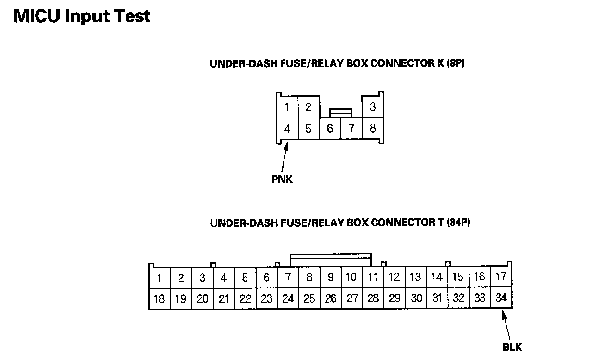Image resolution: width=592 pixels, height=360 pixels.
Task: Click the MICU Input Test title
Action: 82,16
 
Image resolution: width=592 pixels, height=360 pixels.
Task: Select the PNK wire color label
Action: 282,179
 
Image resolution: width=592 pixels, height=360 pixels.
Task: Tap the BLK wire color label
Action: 512,347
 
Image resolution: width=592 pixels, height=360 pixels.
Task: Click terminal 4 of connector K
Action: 287,129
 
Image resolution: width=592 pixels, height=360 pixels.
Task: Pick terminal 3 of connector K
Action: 373,107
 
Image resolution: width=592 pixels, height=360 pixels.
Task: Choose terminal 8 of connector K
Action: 373,129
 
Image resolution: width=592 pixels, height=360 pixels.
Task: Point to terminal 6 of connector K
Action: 330,129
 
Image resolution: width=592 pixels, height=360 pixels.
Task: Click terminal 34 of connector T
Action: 501,298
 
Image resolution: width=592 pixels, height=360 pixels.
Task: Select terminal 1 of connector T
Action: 160,278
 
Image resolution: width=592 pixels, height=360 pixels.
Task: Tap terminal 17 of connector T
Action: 501,277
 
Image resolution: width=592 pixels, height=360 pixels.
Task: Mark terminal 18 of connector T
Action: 159,299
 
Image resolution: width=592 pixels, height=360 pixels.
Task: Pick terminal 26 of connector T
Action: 331,299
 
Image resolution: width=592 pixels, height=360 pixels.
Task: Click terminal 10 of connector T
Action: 351,278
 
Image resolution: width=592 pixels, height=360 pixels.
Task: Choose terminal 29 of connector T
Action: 395,299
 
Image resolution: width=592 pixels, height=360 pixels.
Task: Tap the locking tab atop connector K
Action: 340,112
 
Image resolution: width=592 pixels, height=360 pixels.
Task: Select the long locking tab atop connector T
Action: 330,259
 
